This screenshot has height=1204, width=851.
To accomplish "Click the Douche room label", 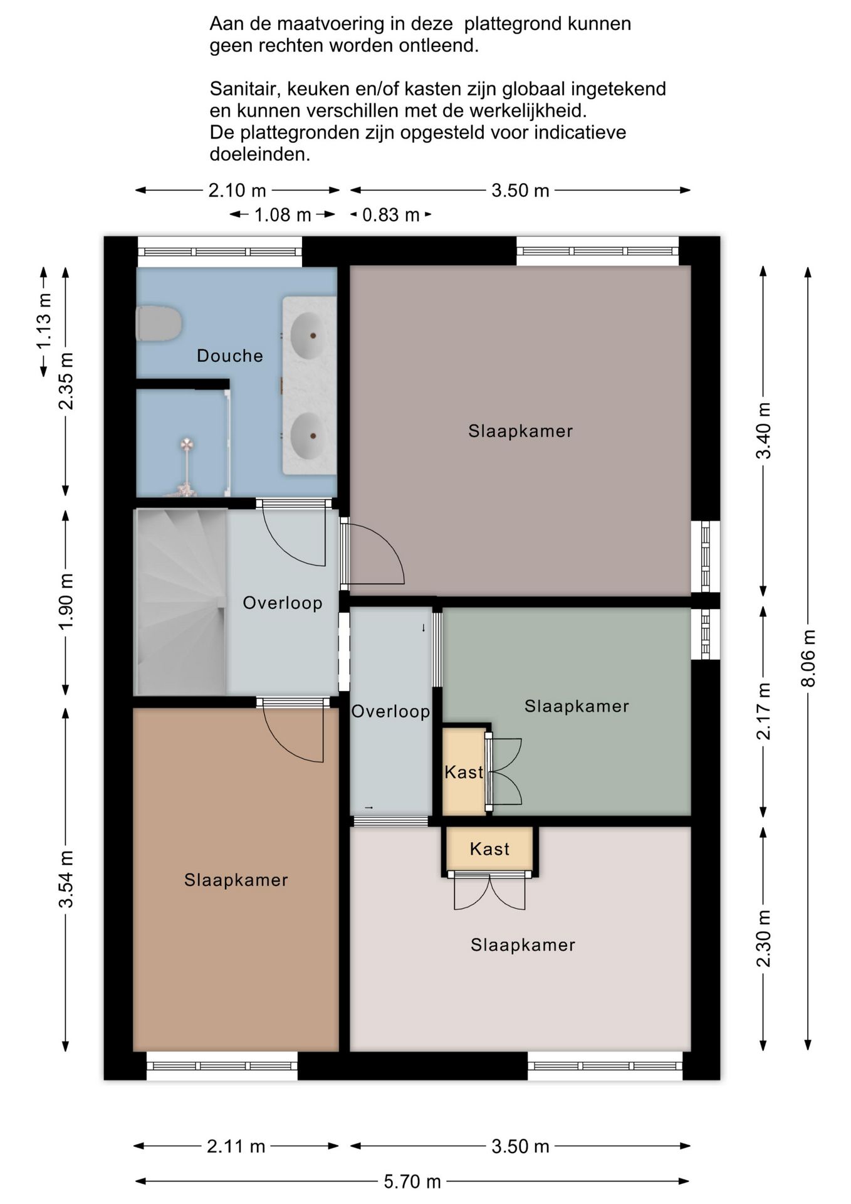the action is point(229,356).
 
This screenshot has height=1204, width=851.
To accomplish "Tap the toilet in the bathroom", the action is point(159,324).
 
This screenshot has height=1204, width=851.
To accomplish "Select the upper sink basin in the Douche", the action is point(308,335).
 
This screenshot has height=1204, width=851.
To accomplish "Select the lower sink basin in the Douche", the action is point(308,435).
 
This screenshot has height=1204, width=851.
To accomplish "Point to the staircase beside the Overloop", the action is point(180,602).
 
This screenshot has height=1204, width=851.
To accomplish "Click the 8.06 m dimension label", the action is point(808,658).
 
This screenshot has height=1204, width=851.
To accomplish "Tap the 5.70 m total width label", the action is point(412,1182).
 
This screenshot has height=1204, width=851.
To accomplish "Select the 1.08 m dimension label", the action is point(283,215).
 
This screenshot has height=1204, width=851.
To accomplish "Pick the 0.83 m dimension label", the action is point(390,215).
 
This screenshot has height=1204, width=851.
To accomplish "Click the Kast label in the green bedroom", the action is point(464,772).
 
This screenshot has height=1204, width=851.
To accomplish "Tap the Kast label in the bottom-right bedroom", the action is point(489,849).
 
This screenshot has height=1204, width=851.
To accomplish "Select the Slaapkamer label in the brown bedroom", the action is point(236,880).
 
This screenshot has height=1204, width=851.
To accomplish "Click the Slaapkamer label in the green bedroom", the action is point(577,706).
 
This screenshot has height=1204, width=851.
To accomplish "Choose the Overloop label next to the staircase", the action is point(283,603).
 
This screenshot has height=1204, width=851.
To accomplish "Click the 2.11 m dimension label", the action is point(236,1147).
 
